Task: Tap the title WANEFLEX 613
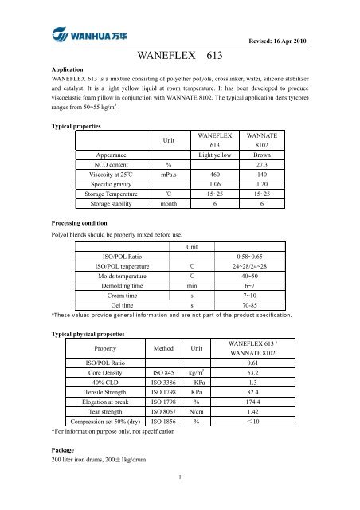[x=179, y=58]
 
